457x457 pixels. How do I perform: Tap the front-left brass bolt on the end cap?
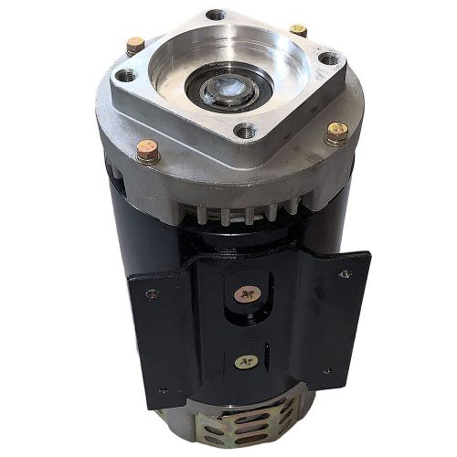click(x=147, y=152)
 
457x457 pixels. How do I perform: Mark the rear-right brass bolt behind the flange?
click(x=297, y=30)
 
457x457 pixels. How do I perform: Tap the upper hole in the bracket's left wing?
click(x=150, y=294)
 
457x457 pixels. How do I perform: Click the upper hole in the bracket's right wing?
click(x=344, y=273)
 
